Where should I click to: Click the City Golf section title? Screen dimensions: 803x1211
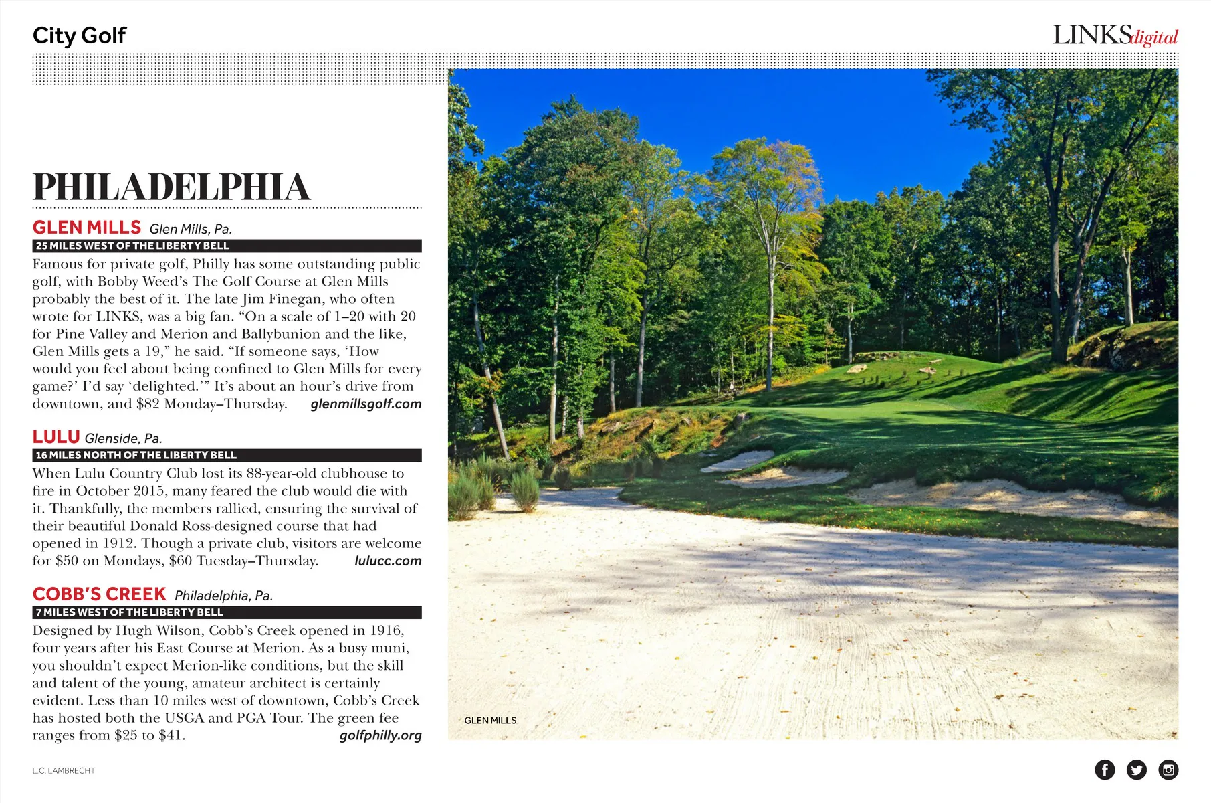(79, 35)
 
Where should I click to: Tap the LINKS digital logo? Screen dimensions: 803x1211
(1115, 35)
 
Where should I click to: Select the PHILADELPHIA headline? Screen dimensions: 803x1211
(172, 187)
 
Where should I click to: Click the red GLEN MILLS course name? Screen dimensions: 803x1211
(87, 228)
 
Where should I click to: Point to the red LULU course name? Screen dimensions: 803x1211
(56, 437)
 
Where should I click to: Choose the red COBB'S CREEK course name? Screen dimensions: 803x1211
(99, 594)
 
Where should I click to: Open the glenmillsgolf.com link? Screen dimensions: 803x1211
(366, 404)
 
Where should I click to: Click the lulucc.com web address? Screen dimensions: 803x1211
(388, 561)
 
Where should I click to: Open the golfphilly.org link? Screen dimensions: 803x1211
(380, 735)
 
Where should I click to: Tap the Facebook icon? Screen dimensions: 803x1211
(1105, 770)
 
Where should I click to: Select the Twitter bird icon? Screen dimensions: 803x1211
(1136, 770)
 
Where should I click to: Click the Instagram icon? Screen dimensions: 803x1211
(1168, 770)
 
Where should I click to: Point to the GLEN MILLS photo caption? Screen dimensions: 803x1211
(490, 721)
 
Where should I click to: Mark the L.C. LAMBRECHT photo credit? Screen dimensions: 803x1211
(64, 771)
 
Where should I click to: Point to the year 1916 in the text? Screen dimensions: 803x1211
(387, 630)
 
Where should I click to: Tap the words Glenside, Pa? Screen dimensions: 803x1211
(124, 438)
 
